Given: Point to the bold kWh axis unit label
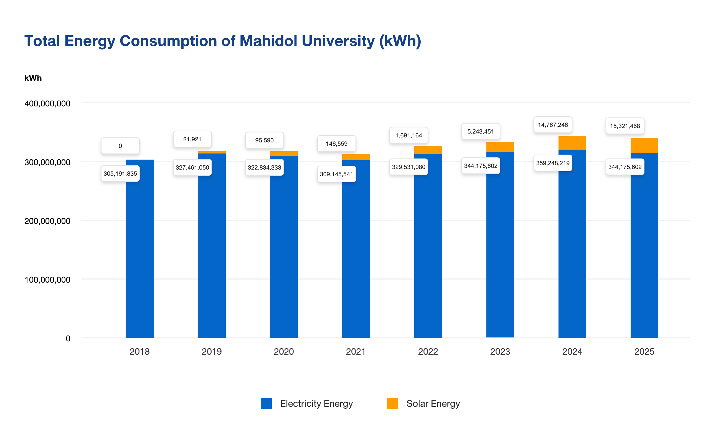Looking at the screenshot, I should [33, 78].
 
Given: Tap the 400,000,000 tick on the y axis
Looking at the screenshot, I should [47, 104].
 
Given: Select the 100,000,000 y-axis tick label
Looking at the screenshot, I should [47, 280].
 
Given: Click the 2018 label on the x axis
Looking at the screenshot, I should [139, 352].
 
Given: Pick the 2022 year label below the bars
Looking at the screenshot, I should [428, 352].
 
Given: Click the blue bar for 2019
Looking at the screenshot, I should [212, 246].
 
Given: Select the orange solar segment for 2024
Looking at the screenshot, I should [572, 143].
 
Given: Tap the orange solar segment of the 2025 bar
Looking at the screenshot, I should [644, 145].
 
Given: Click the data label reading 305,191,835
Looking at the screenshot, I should [120, 173].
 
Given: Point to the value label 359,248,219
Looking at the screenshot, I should [553, 163].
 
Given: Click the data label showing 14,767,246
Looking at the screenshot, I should [553, 125].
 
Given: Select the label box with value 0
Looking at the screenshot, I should [120, 146].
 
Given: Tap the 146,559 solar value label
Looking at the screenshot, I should [336, 144].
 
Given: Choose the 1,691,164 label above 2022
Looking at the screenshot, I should [408, 135].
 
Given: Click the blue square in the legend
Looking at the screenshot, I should [266, 403].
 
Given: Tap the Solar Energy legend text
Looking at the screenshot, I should [433, 403].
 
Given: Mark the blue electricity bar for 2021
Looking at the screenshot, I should [356, 249].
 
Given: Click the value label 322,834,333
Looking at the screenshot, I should [264, 167].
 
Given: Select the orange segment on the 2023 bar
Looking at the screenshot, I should [500, 147].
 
